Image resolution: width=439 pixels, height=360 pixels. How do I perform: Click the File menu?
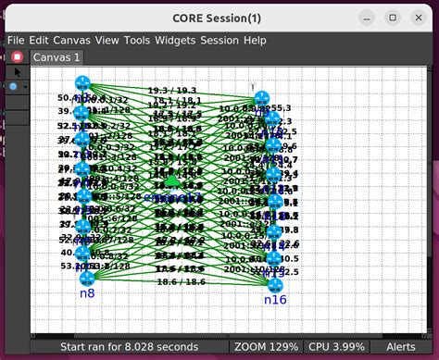16,40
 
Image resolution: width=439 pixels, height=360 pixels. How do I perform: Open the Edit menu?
39,40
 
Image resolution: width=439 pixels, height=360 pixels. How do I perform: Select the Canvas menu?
72,40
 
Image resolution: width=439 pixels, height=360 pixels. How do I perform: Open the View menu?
107,40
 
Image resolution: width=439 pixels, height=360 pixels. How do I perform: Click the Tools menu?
137,40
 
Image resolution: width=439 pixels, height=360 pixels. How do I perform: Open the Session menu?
219,40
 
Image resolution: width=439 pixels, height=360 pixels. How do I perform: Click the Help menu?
255,40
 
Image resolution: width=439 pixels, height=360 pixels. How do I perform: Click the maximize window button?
393,18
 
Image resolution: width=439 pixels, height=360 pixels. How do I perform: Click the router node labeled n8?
88,278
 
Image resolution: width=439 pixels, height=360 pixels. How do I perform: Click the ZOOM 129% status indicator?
268,346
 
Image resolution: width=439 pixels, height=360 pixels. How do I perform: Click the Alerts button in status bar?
401,346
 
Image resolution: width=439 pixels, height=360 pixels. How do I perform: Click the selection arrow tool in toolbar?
17,71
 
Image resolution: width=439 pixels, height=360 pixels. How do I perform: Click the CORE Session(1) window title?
219,18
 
